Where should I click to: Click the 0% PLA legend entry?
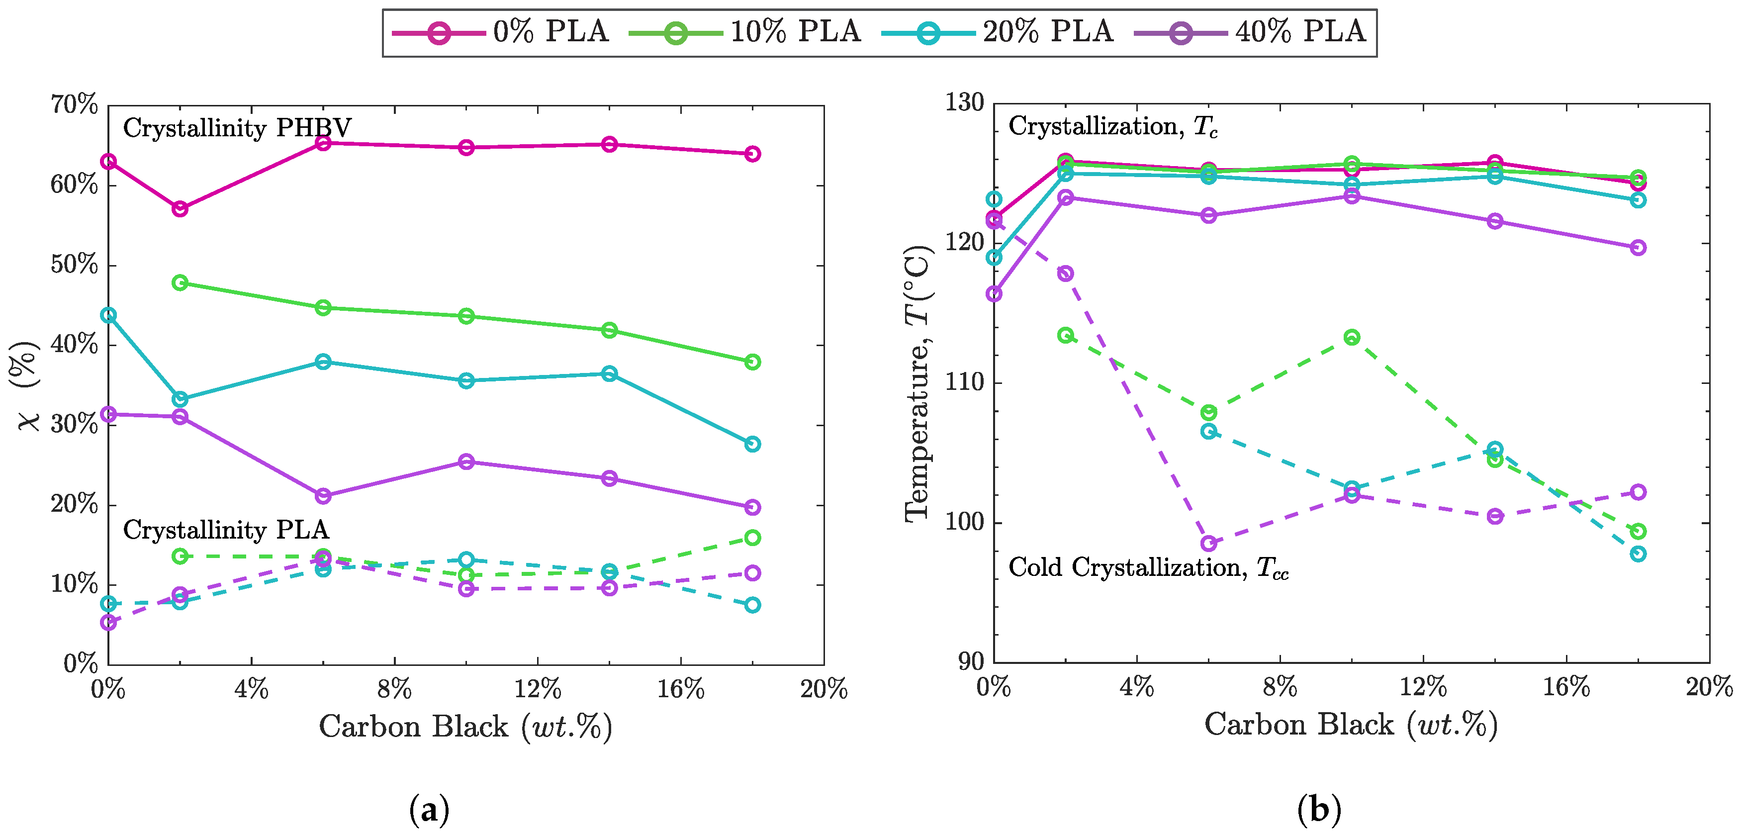tap(500, 32)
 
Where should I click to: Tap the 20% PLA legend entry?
tap(998, 32)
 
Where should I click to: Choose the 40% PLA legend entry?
tap(1250, 32)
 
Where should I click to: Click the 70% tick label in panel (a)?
tap(74, 105)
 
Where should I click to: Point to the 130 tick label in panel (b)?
tap(964, 103)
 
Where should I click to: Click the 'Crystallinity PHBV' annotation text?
tap(237, 128)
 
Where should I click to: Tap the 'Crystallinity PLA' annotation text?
tap(226, 530)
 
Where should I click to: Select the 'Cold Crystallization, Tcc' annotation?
tap(1148, 568)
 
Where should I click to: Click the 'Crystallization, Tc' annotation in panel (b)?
tap(1112, 126)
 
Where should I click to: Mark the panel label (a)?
tap(429, 809)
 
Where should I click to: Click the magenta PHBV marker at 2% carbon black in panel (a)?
tap(180, 209)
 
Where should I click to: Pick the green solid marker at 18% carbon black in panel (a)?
tap(752, 362)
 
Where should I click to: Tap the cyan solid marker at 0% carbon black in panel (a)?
tap(108, 315)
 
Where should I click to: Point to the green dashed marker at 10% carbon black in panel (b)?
tap(1352, 337)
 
